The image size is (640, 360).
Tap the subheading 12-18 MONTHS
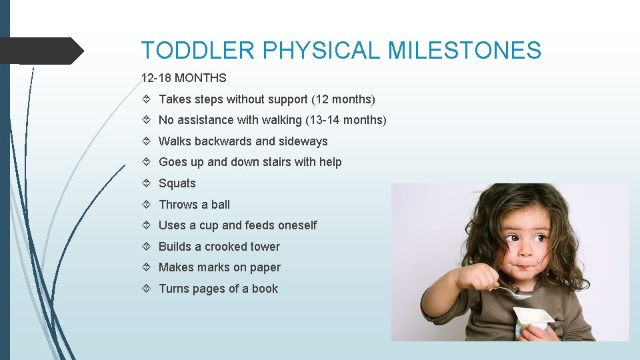(x=184, y=78)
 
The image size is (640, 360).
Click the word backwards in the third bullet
(x=221, y=141)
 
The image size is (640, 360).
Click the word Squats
(x=177, y=183)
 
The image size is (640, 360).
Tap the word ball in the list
(x=220, y=205)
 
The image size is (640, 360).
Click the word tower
(x=264, y=247)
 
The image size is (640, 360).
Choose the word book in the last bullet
(x=265, y=289)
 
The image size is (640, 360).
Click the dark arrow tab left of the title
(x=40, y=51)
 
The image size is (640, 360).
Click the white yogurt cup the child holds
(x=532, y=320)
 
